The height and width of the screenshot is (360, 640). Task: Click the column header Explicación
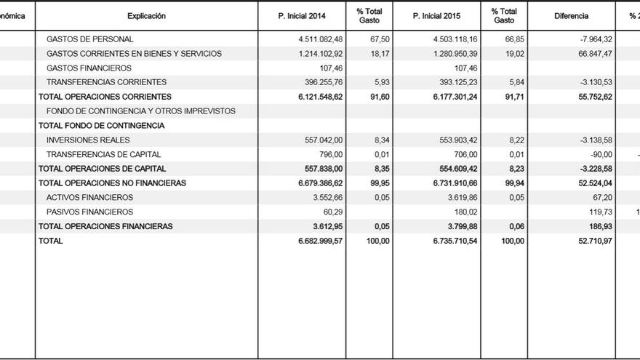(146, 16)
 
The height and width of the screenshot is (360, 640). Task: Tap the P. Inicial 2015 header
(437, 16)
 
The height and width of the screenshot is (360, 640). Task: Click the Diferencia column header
(571, 16)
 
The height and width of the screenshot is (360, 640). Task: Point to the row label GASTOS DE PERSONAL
(89, 39)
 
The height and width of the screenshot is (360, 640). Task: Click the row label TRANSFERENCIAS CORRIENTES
(106, 82)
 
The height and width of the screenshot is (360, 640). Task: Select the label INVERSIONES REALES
(88, 140)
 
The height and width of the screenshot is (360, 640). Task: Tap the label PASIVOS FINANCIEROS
(89, 212)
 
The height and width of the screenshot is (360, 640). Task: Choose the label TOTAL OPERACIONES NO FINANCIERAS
(112, 183)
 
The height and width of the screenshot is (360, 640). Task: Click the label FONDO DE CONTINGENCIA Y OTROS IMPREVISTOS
(140, 111)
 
